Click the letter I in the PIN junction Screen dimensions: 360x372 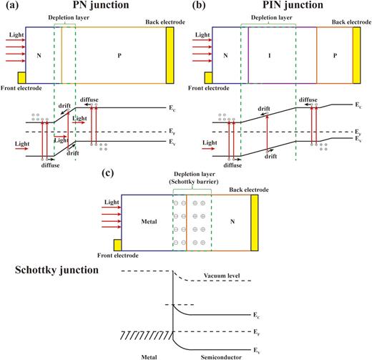click(x=271, y=54)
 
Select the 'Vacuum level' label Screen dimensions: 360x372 click(x=222, y=276)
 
